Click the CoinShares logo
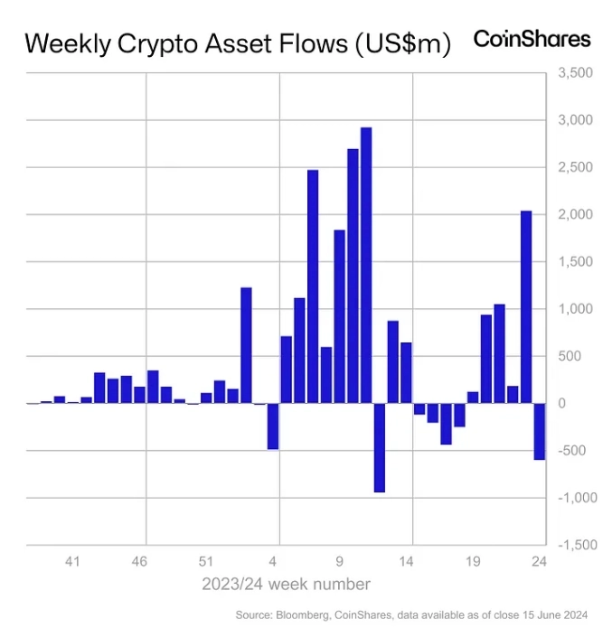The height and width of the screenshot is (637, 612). point(532,39)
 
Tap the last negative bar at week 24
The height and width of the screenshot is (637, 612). point(539,431)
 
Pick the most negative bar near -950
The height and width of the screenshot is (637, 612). point(379,447)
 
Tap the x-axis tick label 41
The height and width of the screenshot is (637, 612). point(73,562)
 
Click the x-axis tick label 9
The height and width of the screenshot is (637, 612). point(339,562)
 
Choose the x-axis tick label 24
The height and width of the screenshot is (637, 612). point(539,562)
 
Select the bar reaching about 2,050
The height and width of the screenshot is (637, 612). point(526,307)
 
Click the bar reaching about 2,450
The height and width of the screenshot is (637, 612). point(313,286)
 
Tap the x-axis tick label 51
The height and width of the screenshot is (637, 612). point(206,562)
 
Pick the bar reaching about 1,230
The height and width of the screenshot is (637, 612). point(246,345)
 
